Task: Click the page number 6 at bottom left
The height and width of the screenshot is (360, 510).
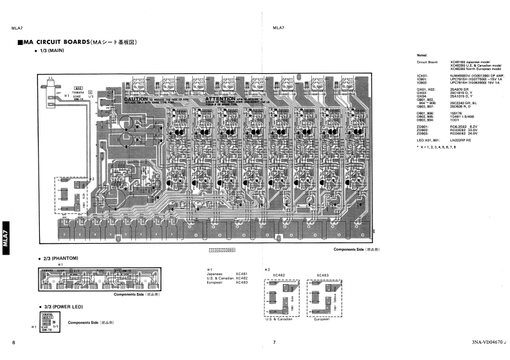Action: (14, 342)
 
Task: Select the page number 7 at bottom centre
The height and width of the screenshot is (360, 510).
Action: (274, 342)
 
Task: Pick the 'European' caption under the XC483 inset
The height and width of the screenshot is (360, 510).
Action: (322, 319)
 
